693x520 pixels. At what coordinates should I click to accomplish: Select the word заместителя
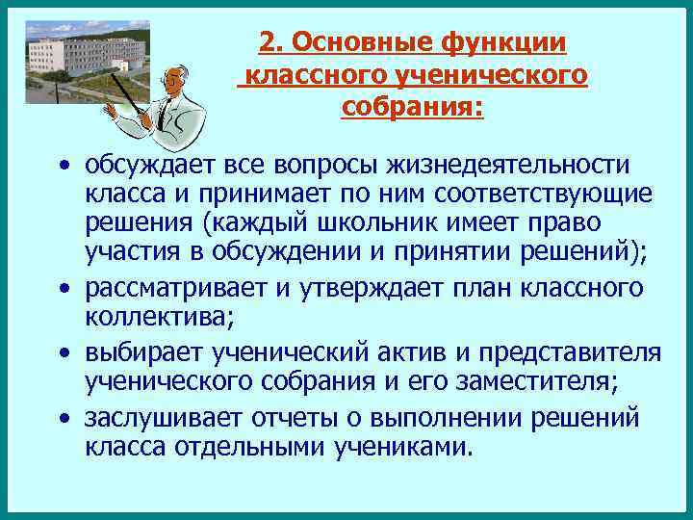click(x=510, y=383)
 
